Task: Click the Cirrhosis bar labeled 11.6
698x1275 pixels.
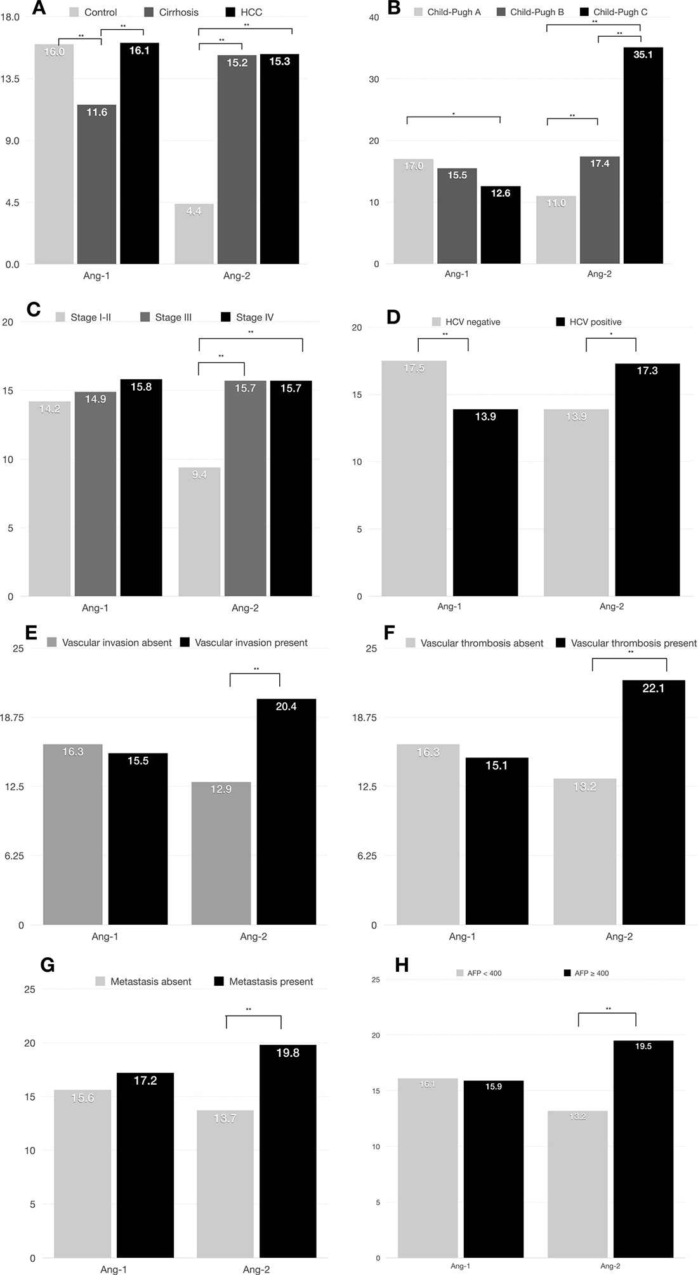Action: tap(96, 184)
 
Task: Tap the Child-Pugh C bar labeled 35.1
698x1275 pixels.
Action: tap(643, 155)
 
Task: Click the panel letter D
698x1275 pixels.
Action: tap(393, 317)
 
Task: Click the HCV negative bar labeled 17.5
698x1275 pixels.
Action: tap(414, 478)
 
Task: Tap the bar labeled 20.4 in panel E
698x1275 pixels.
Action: tap(286, 811)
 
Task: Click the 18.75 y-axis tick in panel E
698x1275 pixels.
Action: tap(12, 717)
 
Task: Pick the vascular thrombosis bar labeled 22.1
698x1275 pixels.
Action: tap(653, 802)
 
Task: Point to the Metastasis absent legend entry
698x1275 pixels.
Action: tap(143, 981)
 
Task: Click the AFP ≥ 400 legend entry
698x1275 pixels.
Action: tap(586, 973)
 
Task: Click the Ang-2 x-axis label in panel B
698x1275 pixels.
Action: tap(599, 274)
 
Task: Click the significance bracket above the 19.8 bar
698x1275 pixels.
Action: tap(253, 1017)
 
